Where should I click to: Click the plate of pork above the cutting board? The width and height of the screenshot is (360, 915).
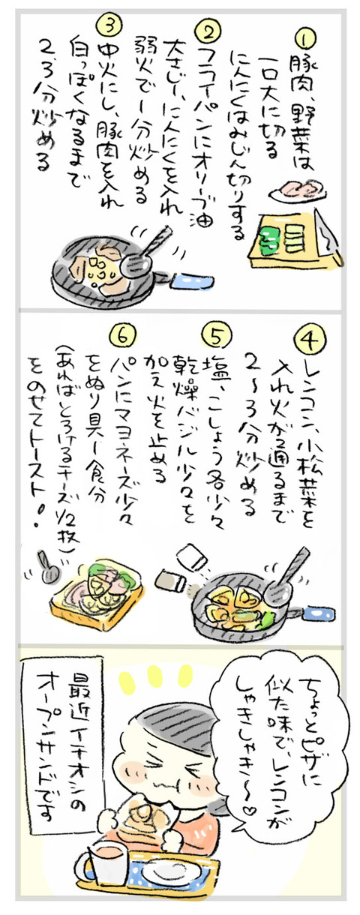(298, 190)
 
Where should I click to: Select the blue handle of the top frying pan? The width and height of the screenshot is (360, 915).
(193, 281)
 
